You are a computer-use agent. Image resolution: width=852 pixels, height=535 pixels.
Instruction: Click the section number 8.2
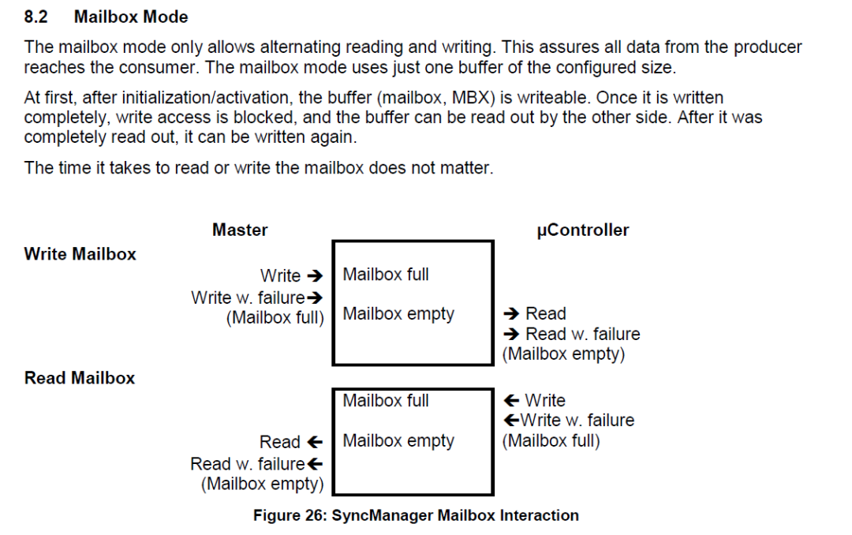point(35,17)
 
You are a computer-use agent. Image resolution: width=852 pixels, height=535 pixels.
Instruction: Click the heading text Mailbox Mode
point(131,17)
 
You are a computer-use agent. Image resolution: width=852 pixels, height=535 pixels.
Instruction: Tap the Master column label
point(240,230)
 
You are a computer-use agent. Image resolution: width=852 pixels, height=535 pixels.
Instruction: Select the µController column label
point(582,230)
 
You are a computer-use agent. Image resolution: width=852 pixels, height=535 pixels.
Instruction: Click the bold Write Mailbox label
point(80,254)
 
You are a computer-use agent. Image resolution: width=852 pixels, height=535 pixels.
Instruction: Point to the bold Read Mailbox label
point(80,378)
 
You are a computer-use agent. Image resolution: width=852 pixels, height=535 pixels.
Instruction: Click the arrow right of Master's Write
point(315,276)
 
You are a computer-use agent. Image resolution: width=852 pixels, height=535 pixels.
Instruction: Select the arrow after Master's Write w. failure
point(315,298)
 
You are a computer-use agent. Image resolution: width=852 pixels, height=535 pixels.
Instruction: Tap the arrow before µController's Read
point(511,313)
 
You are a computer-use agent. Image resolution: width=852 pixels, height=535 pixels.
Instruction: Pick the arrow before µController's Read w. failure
point(511,334)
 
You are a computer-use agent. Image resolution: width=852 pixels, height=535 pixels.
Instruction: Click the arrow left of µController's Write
point(511,401)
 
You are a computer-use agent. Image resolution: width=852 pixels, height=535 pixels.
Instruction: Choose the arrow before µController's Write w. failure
point(511,421)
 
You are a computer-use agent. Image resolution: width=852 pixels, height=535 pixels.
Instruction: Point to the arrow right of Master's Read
point(315,442)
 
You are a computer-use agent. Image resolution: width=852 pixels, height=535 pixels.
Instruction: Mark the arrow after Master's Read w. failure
point(315,464)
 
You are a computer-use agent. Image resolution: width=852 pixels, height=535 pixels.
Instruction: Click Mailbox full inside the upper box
point(386,275)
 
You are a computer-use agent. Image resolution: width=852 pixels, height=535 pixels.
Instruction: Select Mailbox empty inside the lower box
point(398,441)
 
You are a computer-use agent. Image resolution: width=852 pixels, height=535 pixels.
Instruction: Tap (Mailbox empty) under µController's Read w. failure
point(563,354)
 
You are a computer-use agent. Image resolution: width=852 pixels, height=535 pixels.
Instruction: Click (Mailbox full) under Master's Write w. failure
point(275,317)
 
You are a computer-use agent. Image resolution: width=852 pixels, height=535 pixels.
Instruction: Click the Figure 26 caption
point(416,515)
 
